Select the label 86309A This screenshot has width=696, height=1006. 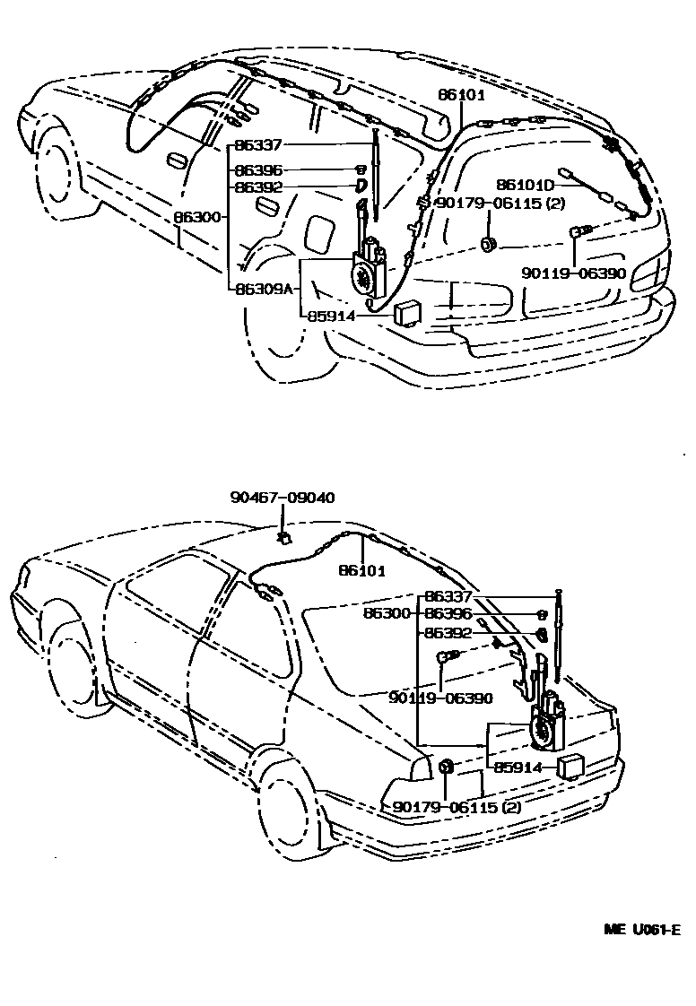(x=265, y=289)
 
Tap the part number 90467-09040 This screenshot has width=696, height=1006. (x=283, y=498)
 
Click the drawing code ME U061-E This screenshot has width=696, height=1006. (x=641, y=929)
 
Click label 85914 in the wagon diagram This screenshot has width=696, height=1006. (x=332, y=316)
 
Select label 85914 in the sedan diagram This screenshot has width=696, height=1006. (x=518, y=767)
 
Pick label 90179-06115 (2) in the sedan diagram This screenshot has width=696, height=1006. (x=457, y=807)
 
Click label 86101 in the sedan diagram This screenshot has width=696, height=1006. (x=362, y=571)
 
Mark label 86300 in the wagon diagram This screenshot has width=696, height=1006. (x=197, y=216)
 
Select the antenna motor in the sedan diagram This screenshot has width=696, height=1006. (x=545, y=724)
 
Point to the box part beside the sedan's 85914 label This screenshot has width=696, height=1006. (x=570, y=767)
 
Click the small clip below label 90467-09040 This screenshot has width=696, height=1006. (x=283, y=537)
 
